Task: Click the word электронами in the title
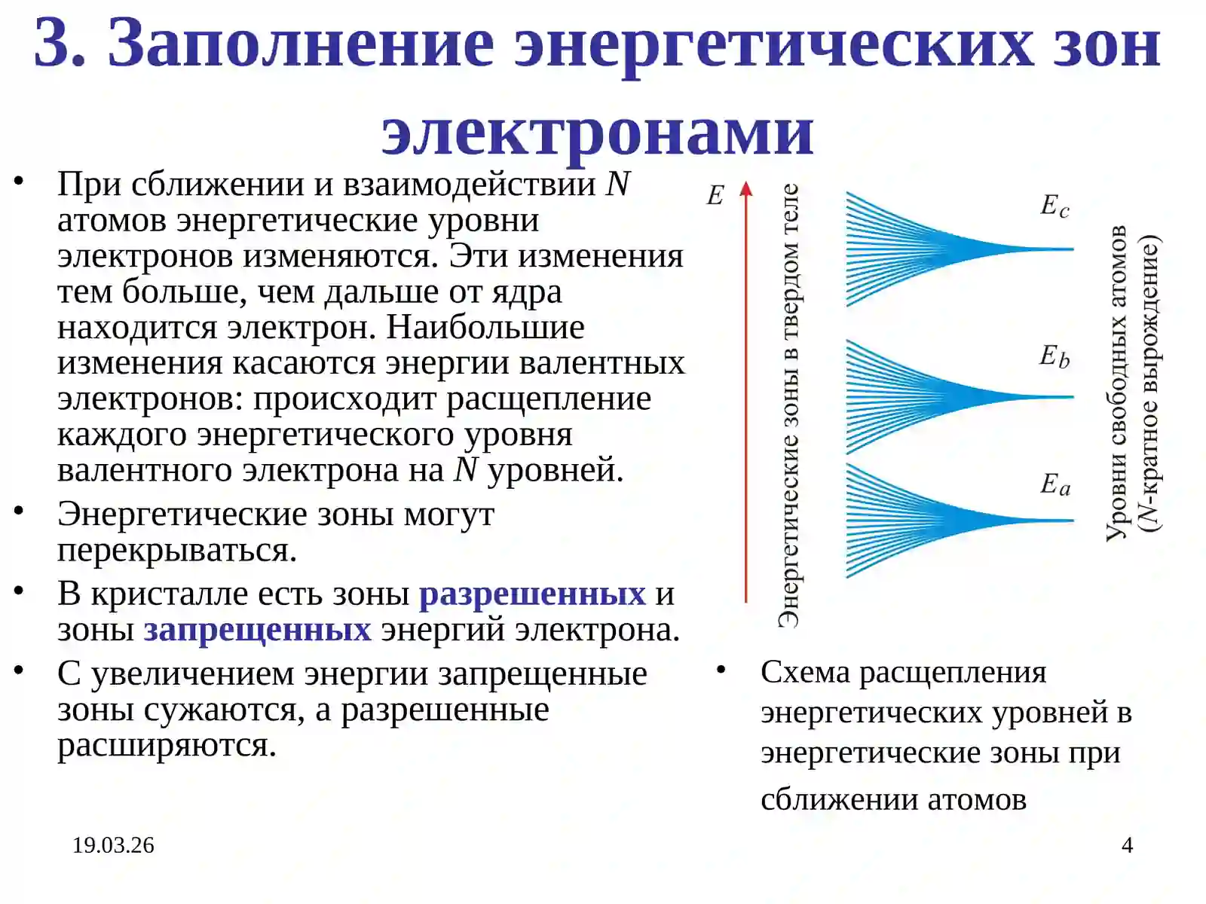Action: coord(597,132)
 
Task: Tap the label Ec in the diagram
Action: coord(1054,205)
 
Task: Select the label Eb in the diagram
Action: coord(1054,356)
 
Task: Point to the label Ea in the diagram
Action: coord(1054,484)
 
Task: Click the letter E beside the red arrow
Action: coord(715,196)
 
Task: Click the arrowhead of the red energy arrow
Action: coord(746,188)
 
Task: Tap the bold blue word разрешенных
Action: coord(532,594)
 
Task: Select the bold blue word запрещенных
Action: coord(257,629)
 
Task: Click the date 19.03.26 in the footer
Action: coord(113,845)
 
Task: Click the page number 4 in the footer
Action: coord(1127,845)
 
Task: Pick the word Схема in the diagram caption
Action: coord(804,672)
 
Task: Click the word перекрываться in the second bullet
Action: coord(177,550)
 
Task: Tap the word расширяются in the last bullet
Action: coord(167,745)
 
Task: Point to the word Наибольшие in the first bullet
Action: coord(485,327)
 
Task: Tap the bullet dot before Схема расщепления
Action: coord(721,669)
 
